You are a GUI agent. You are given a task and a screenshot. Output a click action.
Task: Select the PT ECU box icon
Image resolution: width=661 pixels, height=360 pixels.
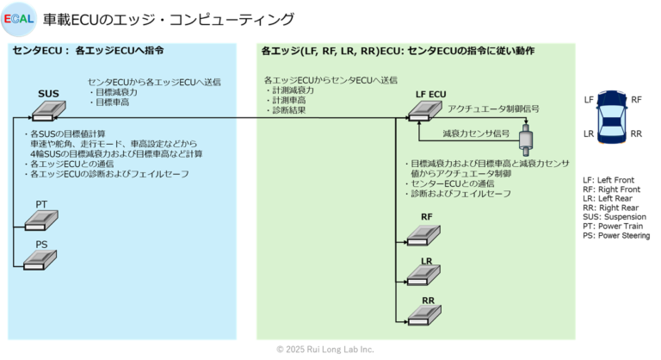pyautogui.click(x=40, y=220)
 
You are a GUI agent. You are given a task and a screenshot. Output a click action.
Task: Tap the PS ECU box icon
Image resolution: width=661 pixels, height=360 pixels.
pyautogui.click(x=40, y=259)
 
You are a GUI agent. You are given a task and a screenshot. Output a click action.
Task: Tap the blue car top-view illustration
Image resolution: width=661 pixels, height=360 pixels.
pyautogui.click(x=613, y=115)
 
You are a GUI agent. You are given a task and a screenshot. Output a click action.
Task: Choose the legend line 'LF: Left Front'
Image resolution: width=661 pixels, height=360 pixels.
pyautogui.click(x=608, y=179)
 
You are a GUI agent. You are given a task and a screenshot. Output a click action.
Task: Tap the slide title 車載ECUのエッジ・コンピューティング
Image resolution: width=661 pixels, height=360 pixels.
pyautogui.click(x=169, y=19)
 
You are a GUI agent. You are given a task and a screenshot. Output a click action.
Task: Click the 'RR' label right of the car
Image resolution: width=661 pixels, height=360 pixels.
pyautogui.click(x=637, y=134)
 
